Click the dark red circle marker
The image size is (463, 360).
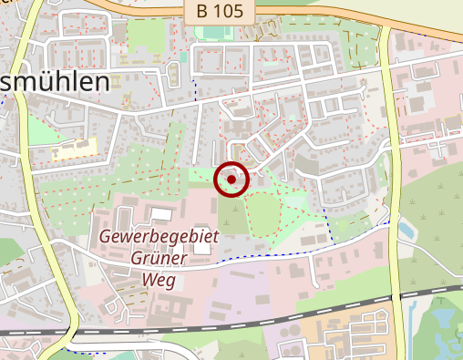[x=231, y=180]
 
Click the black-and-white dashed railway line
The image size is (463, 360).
[x=273, y=316]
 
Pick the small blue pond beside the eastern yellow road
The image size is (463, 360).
[x=406, y=229]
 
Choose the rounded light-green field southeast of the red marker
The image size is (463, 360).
[x=262, y=213]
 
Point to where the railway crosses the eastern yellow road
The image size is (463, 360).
[x=397, y=296]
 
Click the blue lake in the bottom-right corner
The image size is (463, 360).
[x=445, y=324]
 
